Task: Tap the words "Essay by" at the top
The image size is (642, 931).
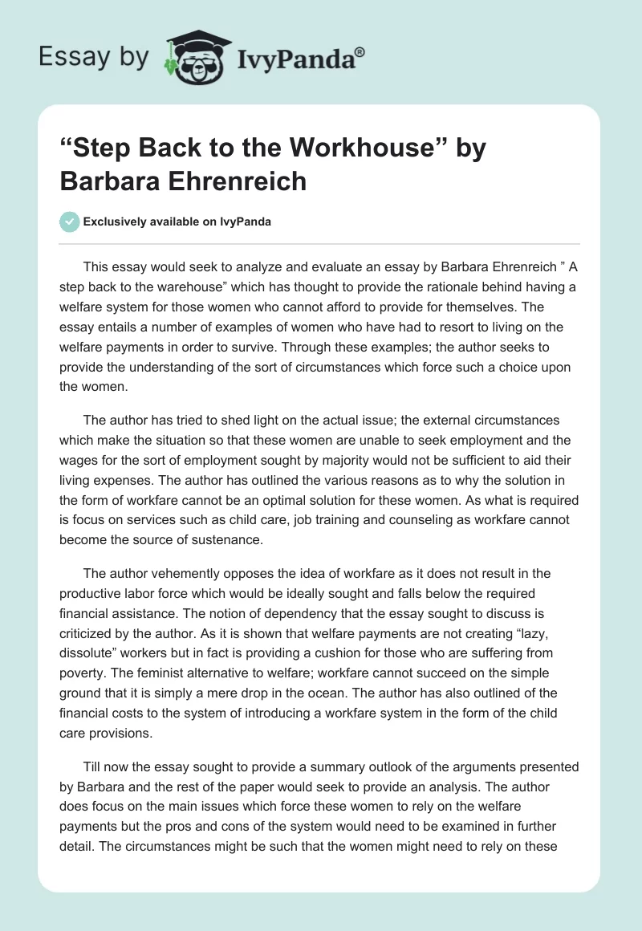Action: coord(94,57)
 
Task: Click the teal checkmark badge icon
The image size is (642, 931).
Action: coord(70,222)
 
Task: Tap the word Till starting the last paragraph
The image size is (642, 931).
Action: coord(95,766)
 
